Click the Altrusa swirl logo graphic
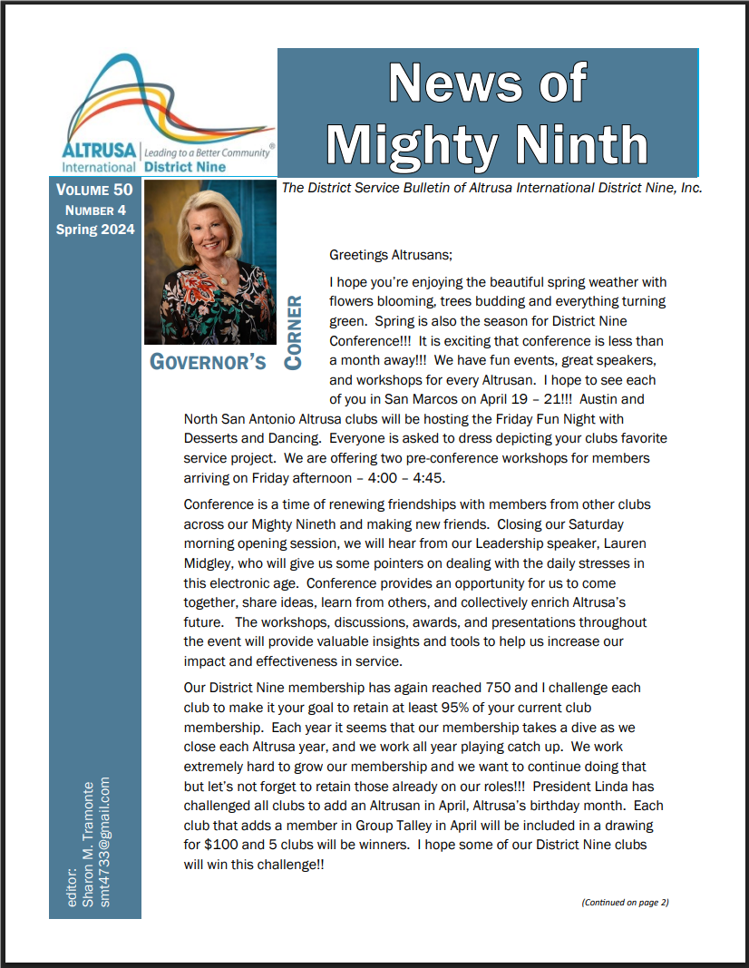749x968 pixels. [x=168, y=104]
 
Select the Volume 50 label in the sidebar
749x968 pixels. [x=94, y=191]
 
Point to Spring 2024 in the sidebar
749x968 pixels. [x=94, y=230]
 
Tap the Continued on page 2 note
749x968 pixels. [x=625, y=902]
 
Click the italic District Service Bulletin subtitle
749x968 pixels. [x=492, y=188]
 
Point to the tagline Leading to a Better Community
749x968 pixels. [x=209, y=153]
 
